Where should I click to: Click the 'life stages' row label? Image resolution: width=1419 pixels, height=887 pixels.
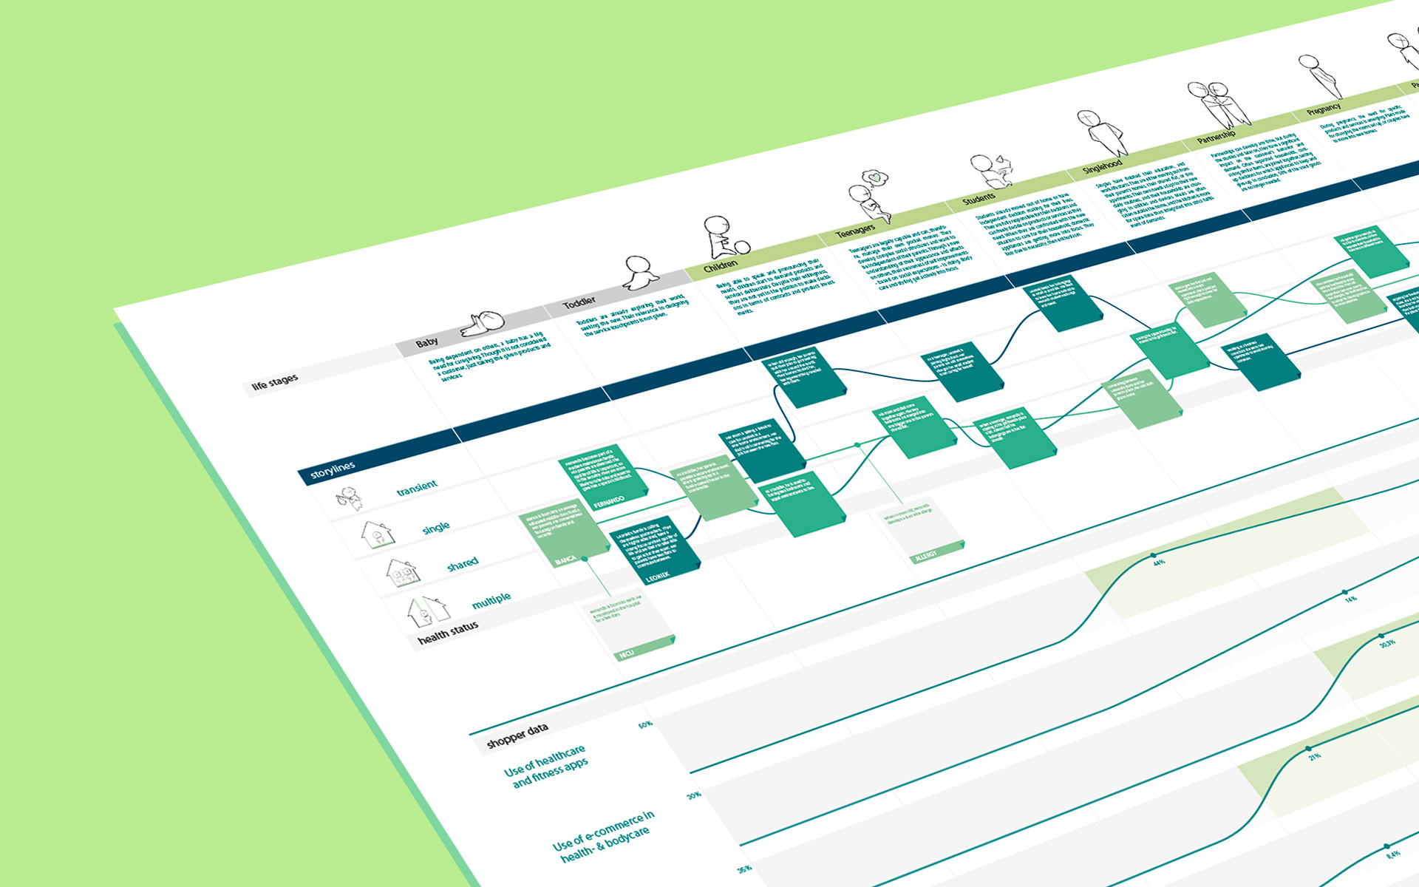pyautogui.click(x=275, y=382)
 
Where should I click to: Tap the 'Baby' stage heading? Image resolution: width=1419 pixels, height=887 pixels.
pyautogui.click(x=426, y=343)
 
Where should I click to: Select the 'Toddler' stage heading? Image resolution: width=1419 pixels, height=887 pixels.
pyautogui.click(x=579, y=302)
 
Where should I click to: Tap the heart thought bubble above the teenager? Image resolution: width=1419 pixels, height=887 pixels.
pyautogui.click(x=876, y=177)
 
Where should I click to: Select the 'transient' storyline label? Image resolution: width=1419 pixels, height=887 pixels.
pyautogui.click(x=417, y=488)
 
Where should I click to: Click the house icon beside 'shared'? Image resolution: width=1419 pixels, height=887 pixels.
pyautogui.click(x=401, y=571)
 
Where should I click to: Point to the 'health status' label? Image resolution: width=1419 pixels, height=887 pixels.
pyautogui.click(x=448, y=632)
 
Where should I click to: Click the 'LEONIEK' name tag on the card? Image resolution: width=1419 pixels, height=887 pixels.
pyautogui.click(x=658, y=575)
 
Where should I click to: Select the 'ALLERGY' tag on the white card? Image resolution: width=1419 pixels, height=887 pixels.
pyautogui.click(x=925, y=555)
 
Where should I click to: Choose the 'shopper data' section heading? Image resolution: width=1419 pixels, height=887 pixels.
pyautogui.click(x=517, y=735)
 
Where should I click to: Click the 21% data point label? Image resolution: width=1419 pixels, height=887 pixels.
pyautogui.click(x=1315, y=757)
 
